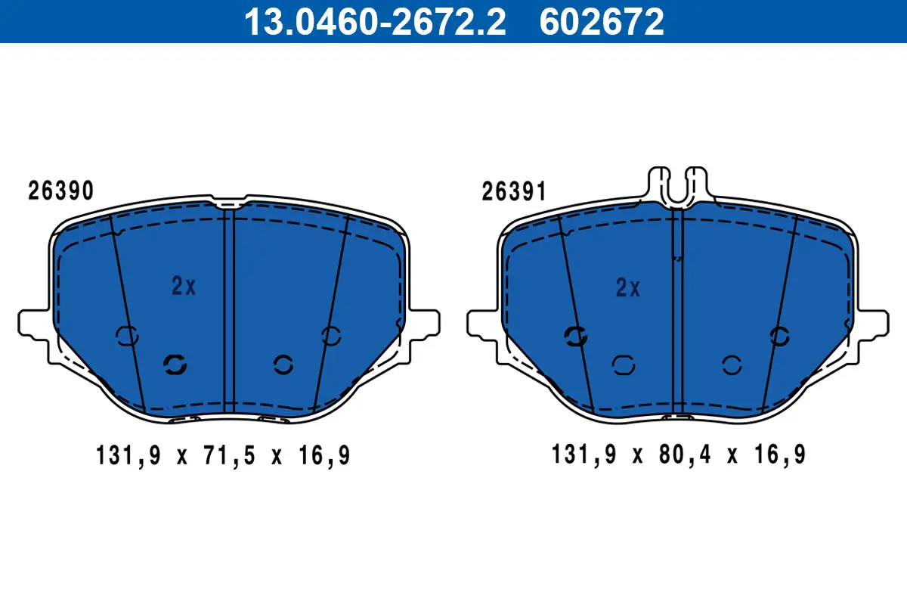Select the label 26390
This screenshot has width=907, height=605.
pyautogui.click(x=61, y=191)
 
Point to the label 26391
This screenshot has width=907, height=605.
pyautogui.click(x=514, y=193)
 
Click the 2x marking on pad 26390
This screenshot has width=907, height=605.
pyautogui.click(x=184, y=286)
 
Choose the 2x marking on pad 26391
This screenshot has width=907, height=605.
pyautogui.click(x=628, y=288)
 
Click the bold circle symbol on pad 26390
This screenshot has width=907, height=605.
pyautogui.click(x=175, y=365)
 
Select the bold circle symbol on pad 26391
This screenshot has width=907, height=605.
pyautogui.click(x=577, y=337)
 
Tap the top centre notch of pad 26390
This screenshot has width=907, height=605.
pyautogui.click(x=229, y=203)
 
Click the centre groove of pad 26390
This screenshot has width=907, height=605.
pyautogui.click(x=229, y=310)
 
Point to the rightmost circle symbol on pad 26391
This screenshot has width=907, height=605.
pyautogui.click(x=779, y=336)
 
